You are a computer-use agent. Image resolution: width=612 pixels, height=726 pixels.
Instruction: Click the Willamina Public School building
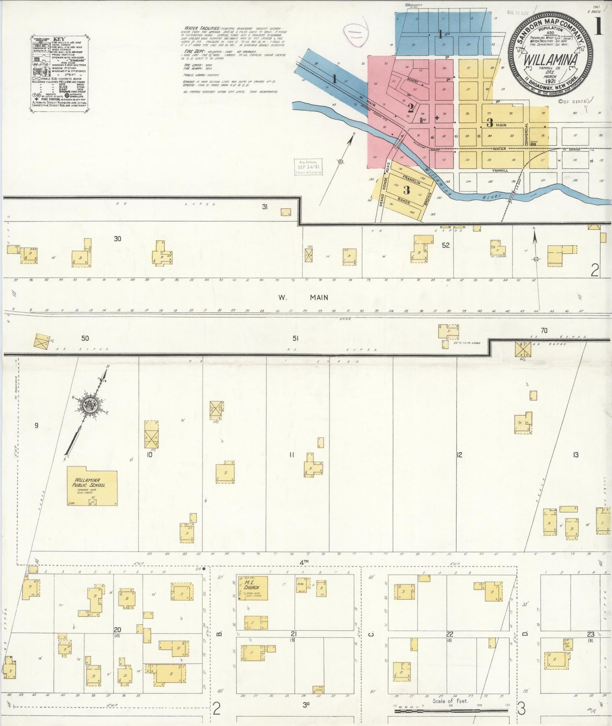(92, 486)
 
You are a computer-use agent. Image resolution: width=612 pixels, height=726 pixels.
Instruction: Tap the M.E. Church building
(252, 588)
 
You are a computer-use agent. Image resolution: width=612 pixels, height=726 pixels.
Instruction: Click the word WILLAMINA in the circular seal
(550, 60)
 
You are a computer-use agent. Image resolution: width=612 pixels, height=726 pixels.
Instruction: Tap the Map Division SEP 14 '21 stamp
(308, 166)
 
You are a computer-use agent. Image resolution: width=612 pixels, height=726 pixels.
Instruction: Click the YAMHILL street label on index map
(500, 170)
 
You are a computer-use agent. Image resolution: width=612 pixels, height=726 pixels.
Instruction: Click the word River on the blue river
(493, 197)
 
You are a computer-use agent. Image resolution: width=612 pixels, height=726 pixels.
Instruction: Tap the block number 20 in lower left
(117, 630)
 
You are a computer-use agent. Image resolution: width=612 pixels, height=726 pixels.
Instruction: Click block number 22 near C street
(449, 634)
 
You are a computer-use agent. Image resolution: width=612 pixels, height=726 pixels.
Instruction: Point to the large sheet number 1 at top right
(598, 27)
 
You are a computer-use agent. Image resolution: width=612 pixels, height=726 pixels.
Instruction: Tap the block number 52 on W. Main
(446, 245)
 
